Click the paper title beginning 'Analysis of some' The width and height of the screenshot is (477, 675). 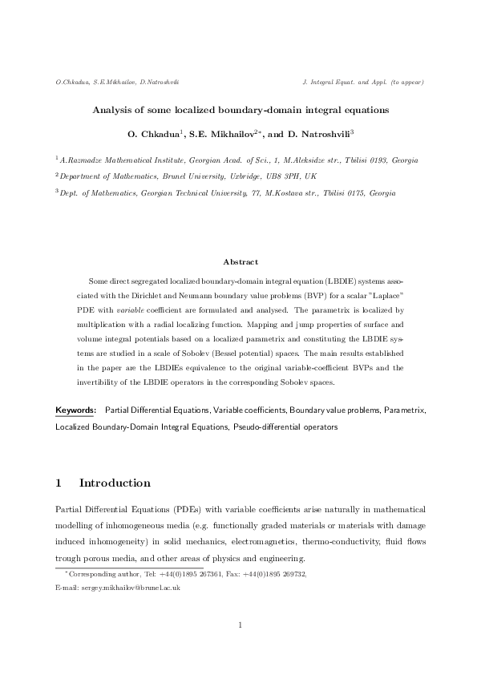(238, 111)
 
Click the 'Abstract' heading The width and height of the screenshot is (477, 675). (239, 261)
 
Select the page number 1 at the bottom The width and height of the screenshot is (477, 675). (239, 626)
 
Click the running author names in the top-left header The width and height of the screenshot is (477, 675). (116, 83)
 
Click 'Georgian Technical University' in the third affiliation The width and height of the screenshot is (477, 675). (186, 192)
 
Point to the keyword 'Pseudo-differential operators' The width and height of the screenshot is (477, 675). (285, 427)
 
